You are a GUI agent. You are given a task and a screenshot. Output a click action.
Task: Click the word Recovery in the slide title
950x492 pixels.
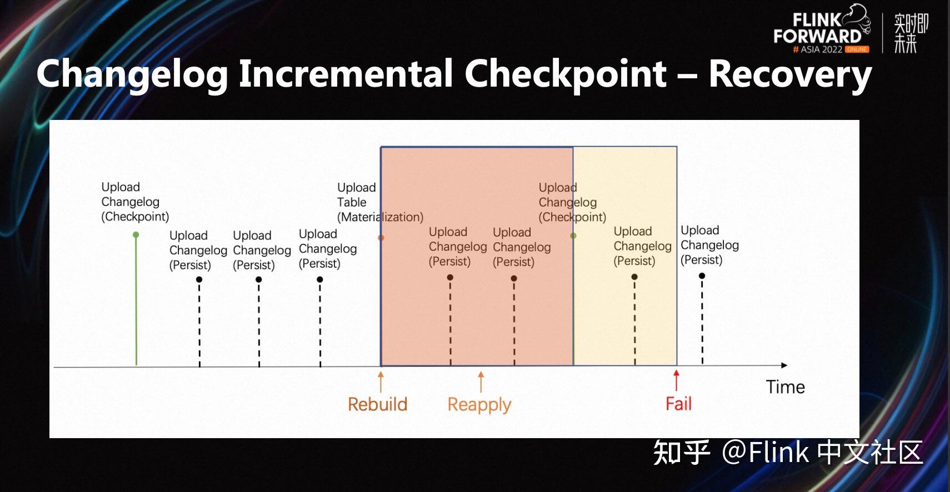[x=790, y=74]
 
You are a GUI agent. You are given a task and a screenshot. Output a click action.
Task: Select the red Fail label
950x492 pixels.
[x=678, y=404]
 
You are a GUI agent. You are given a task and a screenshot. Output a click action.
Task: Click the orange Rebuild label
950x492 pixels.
[x=377, y=404]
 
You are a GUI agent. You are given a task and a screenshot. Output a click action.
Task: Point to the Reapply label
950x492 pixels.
[x=479, y=405]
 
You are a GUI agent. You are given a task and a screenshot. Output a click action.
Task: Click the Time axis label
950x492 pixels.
[x=785, y=387]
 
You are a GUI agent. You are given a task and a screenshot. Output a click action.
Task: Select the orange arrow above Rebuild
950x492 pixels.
[x=381, y=381]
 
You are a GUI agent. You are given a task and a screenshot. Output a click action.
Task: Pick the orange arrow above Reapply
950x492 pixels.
[x=481, y=381]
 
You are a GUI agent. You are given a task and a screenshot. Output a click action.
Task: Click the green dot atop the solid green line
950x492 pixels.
[x=136, y=235]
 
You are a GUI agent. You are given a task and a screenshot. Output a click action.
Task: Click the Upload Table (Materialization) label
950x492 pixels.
[x=379, y=202]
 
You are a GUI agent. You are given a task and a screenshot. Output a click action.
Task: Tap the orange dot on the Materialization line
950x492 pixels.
[x=381, y=238]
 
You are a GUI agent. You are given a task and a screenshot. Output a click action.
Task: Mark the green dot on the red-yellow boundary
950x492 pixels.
[x=573, y=236]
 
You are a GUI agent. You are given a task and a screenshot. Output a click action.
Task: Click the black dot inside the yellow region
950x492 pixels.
[x=634, y=277]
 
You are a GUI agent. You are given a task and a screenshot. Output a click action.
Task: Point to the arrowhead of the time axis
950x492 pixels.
[x=784, y=365]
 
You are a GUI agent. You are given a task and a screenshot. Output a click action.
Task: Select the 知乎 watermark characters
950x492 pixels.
[x=681, y=453]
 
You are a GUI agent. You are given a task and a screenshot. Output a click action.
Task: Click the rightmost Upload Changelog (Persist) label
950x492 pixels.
[x=709, y=245]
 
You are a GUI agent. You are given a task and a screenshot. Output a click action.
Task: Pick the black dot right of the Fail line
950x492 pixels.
[x=702, y=276]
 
